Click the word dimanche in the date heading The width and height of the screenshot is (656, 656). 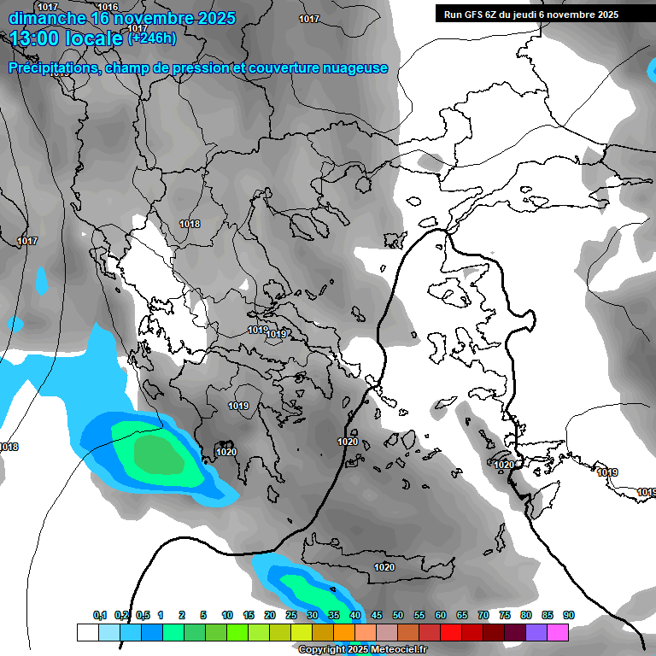46,18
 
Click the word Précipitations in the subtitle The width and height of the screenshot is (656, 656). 51,68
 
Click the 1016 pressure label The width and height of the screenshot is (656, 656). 108,7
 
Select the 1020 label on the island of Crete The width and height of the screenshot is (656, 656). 384,567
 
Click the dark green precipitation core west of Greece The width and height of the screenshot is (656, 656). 159,454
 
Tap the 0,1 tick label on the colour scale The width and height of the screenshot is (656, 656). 100,616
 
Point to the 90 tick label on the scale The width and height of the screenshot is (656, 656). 568,616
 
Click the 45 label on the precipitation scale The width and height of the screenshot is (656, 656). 377,616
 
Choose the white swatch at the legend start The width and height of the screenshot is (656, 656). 87,632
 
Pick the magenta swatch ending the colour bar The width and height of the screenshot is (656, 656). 558,632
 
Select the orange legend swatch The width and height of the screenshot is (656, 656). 344,632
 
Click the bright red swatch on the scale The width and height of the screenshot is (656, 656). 451,632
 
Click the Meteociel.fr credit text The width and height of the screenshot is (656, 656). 399,650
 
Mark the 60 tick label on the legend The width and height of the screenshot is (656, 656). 441,616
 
